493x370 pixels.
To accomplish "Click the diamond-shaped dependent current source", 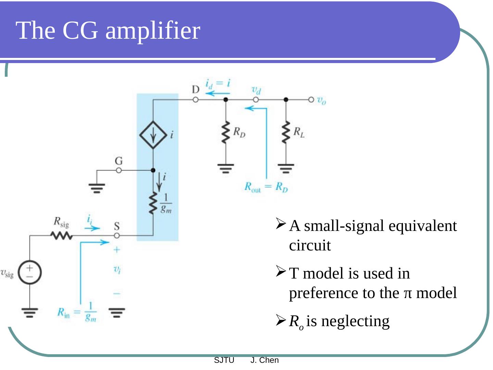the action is (153, 135).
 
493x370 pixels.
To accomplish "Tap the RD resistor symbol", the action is (226, 133).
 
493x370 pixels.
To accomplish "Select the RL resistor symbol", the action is (286, 133).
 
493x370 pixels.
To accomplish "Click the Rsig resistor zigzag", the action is (61, 235).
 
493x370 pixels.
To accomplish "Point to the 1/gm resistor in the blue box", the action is (153, 203).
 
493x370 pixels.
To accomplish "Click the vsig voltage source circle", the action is (30, 273).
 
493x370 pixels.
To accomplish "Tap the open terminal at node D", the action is (195, 100).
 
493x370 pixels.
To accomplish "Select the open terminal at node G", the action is (118, 170).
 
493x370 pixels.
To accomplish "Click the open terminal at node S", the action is (117, 236).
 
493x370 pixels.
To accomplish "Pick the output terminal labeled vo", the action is (311, 100).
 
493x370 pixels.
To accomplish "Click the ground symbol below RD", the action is (226, 168).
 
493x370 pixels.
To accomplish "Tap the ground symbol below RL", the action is (286, 168).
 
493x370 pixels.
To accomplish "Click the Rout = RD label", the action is (266, 187).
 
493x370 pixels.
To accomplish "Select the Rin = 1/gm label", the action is (77, 312).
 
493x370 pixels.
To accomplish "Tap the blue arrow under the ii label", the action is (92, 228).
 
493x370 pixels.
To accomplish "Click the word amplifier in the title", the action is (153, 31).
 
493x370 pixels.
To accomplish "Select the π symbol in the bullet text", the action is (407, 293).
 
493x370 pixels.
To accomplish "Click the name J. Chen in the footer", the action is (264, 360).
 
